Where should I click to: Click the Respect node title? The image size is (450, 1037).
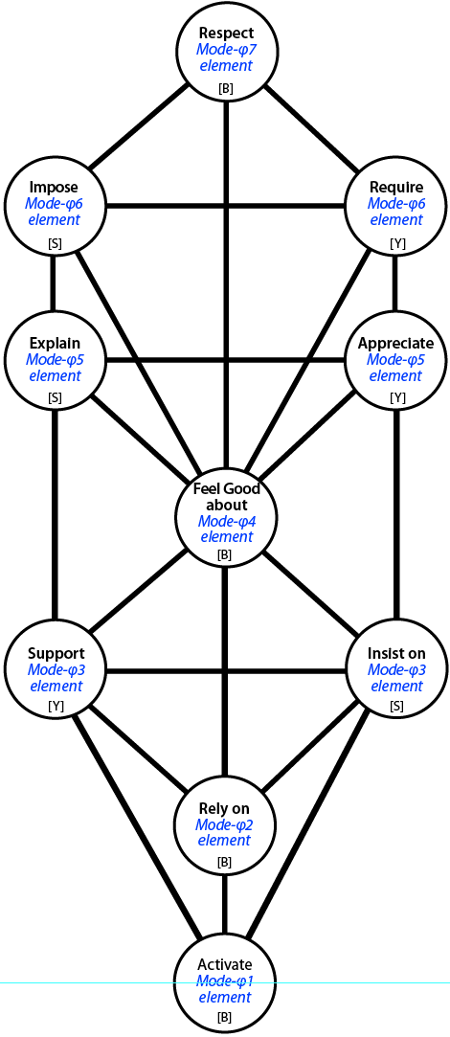pos(226,34)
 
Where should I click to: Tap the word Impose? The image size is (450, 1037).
pos(55,187)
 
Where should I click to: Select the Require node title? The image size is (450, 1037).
pos(395,187)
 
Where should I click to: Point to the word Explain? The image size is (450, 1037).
pos(55,343)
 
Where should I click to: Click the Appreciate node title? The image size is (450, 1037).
pos(395,343)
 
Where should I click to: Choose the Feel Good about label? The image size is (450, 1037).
pos(226,497)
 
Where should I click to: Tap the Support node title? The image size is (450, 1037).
pos(56,653)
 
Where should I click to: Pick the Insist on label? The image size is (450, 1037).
pos(395,653)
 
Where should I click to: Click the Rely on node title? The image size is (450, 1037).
pos(225,809)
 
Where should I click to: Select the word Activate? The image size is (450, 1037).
pos(225,965)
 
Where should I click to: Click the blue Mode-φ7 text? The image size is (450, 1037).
pos(225,49)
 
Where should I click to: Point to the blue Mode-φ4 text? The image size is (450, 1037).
pos(226,521)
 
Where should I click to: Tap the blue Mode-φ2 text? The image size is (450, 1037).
pos(225,824)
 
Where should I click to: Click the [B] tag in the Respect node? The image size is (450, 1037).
pos(226,89)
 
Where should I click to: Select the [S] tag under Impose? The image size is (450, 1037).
pos(55,244)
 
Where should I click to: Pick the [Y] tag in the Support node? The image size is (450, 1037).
pos(56,707)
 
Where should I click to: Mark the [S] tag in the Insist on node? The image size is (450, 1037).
pos(396,706)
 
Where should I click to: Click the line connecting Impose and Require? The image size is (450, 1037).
pos(226,204)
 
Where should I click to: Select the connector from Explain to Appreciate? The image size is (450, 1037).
pos(226,360)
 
